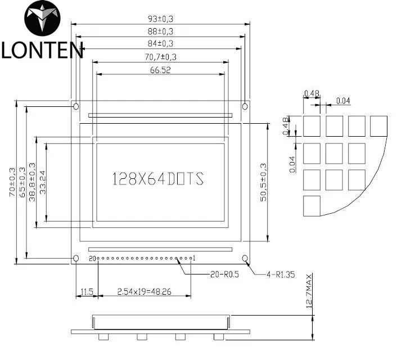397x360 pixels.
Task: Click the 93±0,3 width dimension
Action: coord(160,19)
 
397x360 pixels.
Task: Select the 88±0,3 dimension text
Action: coord(160,31)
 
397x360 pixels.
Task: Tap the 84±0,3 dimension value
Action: coord(160,43)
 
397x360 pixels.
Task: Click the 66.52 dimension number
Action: coord(160,70)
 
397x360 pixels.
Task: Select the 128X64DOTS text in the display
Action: coord(158,179)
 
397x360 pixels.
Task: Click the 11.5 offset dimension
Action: coord(87,292)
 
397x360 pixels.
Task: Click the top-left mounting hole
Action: coord(76,106)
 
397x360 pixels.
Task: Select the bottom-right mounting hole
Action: coord(245,258)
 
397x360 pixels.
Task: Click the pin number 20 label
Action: coord(92,259)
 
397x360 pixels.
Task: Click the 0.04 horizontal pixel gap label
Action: coord(343,101)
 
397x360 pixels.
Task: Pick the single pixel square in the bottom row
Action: coord(312,205)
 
